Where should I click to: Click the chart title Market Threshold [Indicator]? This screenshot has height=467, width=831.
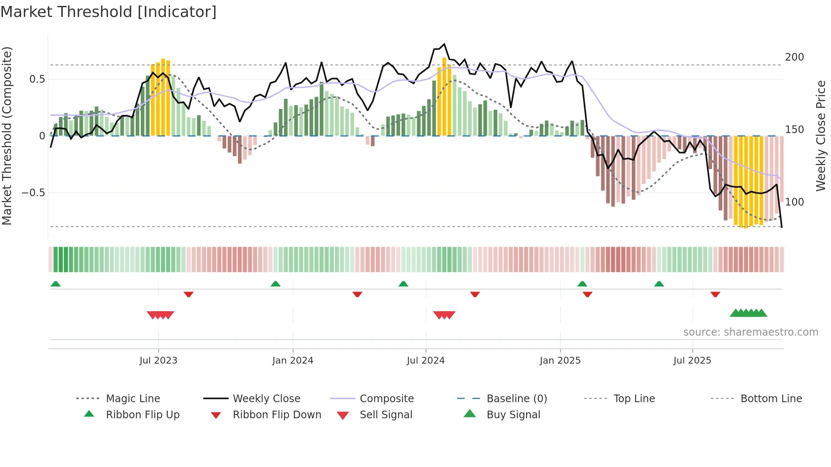click(x=109, y=12)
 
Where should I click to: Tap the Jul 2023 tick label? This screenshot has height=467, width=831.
click(x=158, y=361)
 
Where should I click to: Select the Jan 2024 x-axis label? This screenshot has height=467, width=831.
click(x=293, y=361)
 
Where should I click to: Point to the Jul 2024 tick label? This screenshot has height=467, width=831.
click(x=426, y=361)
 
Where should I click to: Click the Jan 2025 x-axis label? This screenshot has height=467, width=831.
click(x=560, y=361)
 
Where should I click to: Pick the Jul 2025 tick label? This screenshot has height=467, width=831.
click(x=692, y=361)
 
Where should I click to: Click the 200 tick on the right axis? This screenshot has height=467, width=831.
click(x=794, y=57)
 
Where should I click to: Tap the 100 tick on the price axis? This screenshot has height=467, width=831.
click(x=794, y=202)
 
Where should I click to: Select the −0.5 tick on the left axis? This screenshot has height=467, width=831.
click(x=33, y=193)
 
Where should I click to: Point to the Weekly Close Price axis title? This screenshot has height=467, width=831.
click(x=821, y=136)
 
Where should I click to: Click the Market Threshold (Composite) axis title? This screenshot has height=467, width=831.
click(x=7, y=136)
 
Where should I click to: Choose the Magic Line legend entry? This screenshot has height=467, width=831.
click(x=133, y=399)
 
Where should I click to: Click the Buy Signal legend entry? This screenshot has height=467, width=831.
click(x=513, y=415)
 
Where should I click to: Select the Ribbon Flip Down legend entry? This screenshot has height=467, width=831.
click(x=276, y=415)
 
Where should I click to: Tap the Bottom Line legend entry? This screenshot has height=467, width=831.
click(x=771, y=399)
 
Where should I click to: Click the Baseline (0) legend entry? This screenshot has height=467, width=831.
click(x=516, y=399)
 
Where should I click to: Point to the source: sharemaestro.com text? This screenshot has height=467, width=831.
click(x=750, y=332)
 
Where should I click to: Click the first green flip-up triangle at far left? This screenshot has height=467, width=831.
click(x=56, y=284)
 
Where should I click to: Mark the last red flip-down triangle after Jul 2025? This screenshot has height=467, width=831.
click(x=715, y=294)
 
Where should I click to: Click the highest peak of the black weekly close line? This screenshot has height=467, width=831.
click(x=444, y=44)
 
